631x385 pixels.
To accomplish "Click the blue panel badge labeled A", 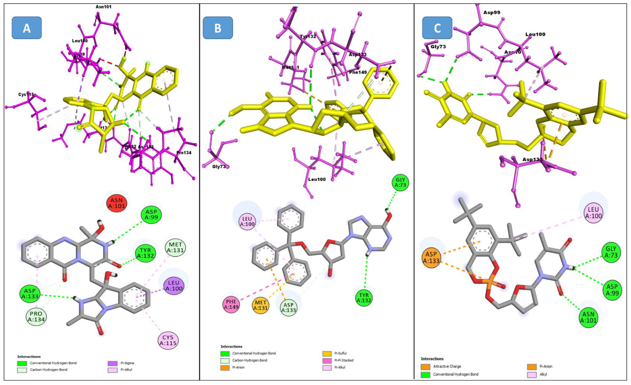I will [x=27, y=28].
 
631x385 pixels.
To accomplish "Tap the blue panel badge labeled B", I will [x=218, y=28].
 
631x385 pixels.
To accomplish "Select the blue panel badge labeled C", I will [x=437, y=28].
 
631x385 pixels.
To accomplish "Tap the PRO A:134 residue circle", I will [x=36, y=317].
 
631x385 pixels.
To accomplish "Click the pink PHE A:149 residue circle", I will [x=231, y=304].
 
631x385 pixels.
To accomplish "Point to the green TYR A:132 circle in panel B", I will [x=364, y=298].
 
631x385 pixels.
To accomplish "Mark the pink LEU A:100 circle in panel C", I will [x=593, y=212].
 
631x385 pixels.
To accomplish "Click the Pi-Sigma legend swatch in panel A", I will [x=112, y=363].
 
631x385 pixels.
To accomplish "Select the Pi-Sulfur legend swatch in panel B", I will [x=327, y=353].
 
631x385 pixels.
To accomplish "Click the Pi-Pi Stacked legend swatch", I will [x=327, y=360].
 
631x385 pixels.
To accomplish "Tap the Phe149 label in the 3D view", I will [x=358, y=72].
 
